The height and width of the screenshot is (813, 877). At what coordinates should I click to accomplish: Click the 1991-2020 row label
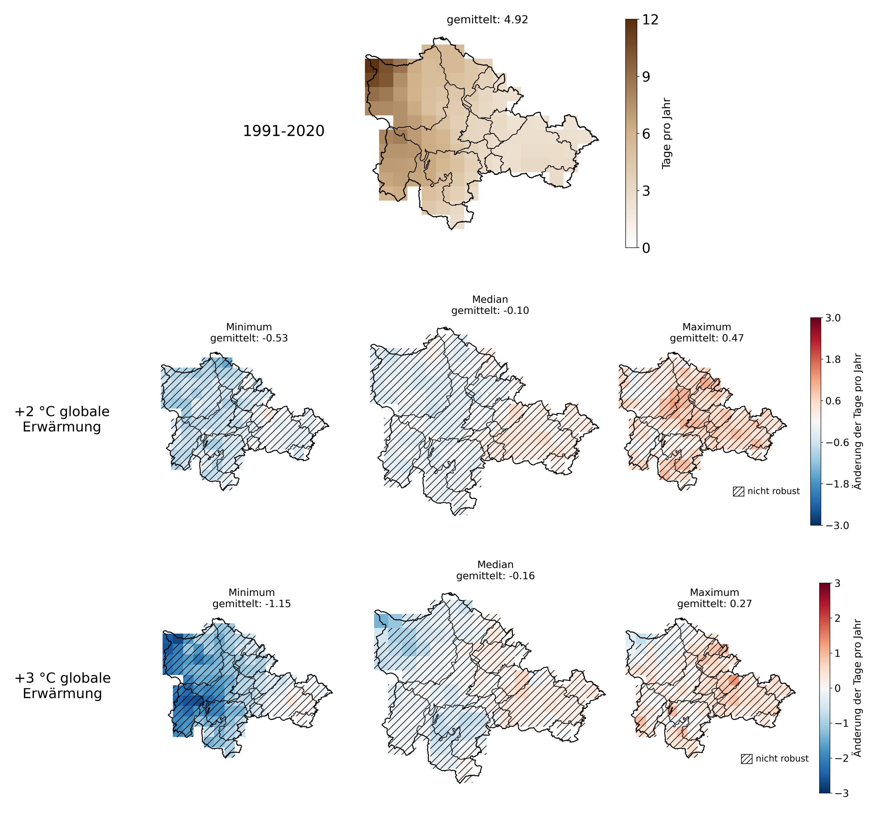click(283, 131)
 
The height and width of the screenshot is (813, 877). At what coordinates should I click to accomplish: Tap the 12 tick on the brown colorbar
click(650, 20)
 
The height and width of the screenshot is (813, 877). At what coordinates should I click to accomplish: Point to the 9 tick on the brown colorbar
click(646, 77)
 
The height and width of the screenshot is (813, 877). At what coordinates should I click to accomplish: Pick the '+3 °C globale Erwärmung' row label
click(63, 685)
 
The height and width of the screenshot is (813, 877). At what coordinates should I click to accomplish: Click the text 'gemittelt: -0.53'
click(249, 338)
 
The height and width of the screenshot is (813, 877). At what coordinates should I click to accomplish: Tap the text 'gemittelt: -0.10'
click(490, 310)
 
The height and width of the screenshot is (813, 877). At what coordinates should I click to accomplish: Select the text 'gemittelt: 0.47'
click(707, 338)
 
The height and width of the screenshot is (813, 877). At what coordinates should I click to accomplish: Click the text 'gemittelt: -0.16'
click(495, 576)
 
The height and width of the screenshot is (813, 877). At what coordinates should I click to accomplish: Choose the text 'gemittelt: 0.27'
click(714, 603)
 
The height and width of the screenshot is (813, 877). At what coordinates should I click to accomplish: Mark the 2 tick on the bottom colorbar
click(837, 618)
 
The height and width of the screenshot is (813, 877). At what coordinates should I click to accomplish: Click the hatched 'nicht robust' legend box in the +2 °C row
click(738, 491)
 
